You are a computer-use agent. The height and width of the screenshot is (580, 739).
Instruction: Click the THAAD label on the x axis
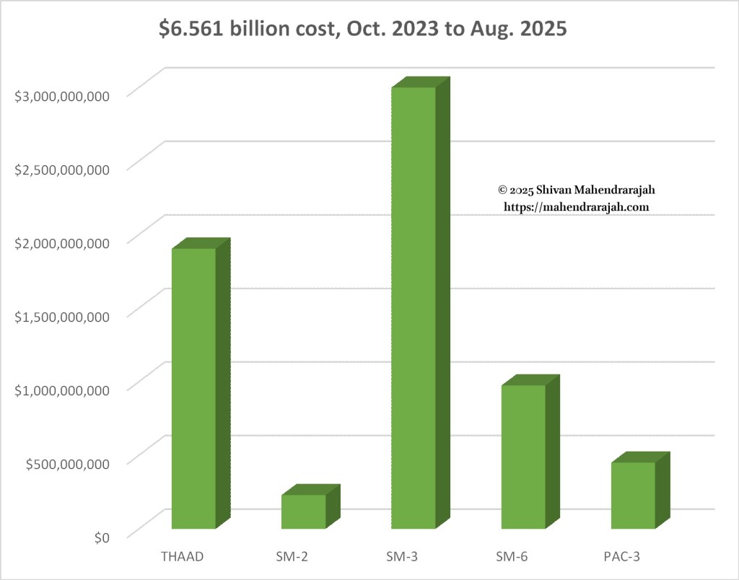tap(183, 556)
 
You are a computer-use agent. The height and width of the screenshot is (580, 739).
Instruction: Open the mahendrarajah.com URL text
tap(576, 206)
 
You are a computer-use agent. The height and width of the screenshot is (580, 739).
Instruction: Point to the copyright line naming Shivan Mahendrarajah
tap(576, 190)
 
